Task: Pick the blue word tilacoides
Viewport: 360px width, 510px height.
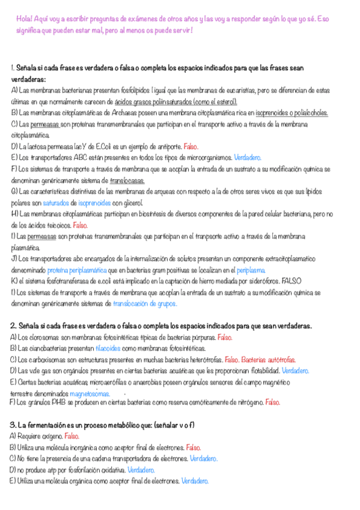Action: point(108,348)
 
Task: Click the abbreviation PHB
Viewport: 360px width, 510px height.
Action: point(58,402)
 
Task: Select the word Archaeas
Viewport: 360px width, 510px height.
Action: point(120,112)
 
